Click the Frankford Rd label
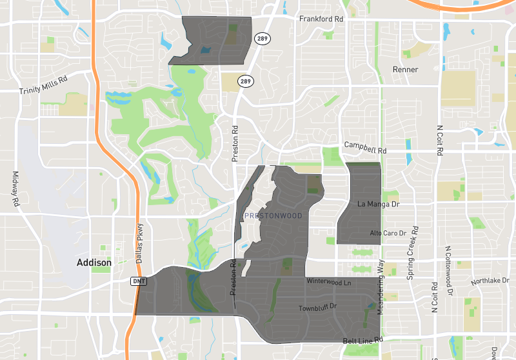click(x=321, y=19)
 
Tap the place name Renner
click(x=406, y=70)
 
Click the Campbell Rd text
click(x=365, y=147)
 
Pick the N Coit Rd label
click(x=440, y=141)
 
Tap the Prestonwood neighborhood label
click(x=273, y=215)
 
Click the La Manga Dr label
click(x=379, y=205)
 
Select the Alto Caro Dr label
click(x=388, y=233)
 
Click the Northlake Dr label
click(x=490, y=281)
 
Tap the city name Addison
click(x=94, y=263)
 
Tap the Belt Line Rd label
click(x=363, y=339)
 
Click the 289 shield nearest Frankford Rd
click(x=261, y=38)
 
